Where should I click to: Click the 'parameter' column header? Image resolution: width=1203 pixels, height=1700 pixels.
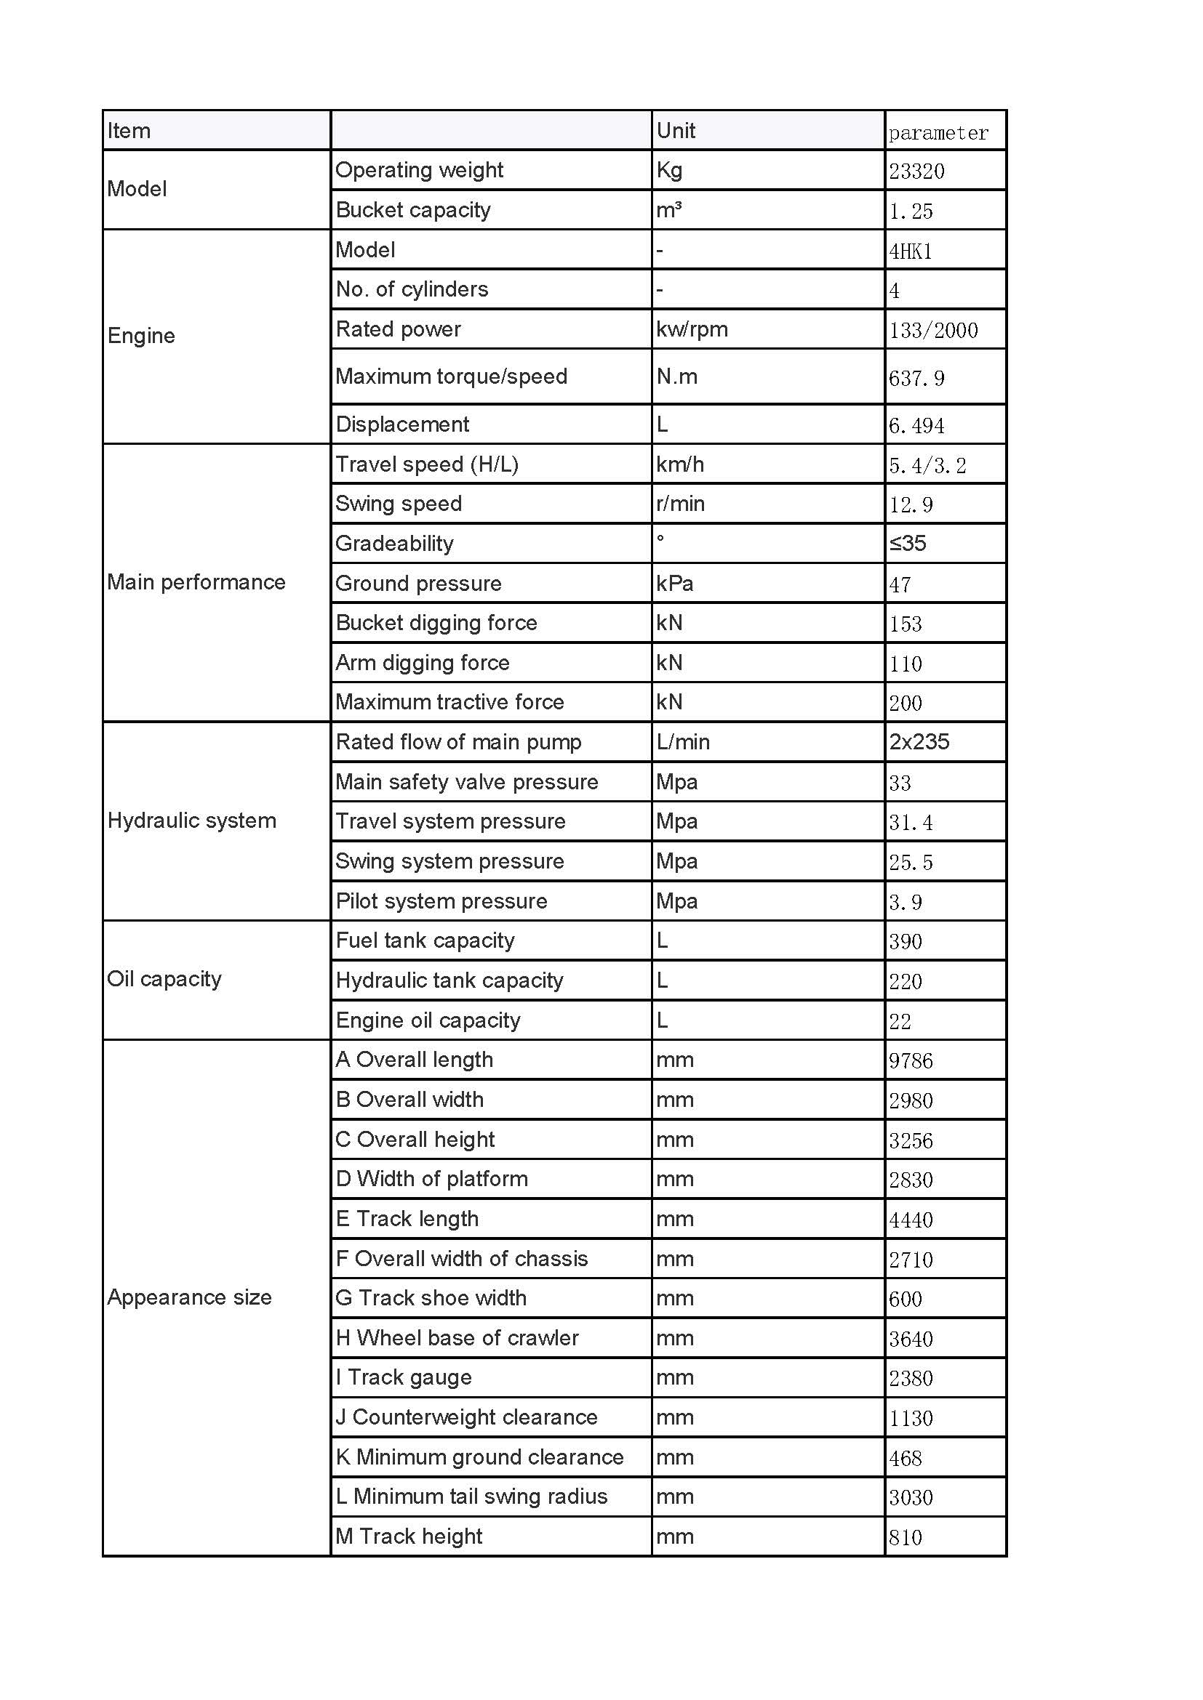(x=938, y=133)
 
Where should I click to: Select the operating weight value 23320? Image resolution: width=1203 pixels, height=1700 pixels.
(x=916, y=172)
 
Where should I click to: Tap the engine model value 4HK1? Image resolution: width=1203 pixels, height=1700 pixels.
(x=911, y=251)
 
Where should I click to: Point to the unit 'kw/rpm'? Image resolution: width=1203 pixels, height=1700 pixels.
(x=692, y=329)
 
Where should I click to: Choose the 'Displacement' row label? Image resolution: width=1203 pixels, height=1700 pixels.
(x=402, y=424)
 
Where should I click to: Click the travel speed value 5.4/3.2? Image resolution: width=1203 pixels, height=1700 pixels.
(x=927, y=466)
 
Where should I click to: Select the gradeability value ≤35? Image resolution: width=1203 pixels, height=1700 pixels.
(x=908, y=544)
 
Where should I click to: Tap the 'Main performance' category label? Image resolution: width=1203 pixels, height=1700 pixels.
(x=196, y=582)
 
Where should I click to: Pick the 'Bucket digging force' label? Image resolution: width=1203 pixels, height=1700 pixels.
(x=436, y=623)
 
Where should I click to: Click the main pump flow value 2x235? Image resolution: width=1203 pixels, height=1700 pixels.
(x=919, y=742)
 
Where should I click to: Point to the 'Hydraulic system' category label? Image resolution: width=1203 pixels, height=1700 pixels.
(x=192, y=821)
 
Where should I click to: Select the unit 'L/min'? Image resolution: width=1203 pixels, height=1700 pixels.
(x=682, y=742)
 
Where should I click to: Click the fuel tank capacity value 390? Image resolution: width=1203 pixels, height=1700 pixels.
(x=906, y=942)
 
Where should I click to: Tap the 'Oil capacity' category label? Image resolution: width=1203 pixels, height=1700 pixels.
(x=164, y=979)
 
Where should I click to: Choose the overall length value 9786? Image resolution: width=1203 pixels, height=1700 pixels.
(x=911, y=1061)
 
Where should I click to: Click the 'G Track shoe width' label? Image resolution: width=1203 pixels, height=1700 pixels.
(x=431, y=1298)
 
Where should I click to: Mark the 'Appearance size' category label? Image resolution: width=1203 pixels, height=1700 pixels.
(x=190, y=1297)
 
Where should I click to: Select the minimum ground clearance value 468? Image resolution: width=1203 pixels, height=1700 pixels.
(x=906, y=1459)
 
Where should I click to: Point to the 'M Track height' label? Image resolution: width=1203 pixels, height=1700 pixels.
(x=409, y=1536)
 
